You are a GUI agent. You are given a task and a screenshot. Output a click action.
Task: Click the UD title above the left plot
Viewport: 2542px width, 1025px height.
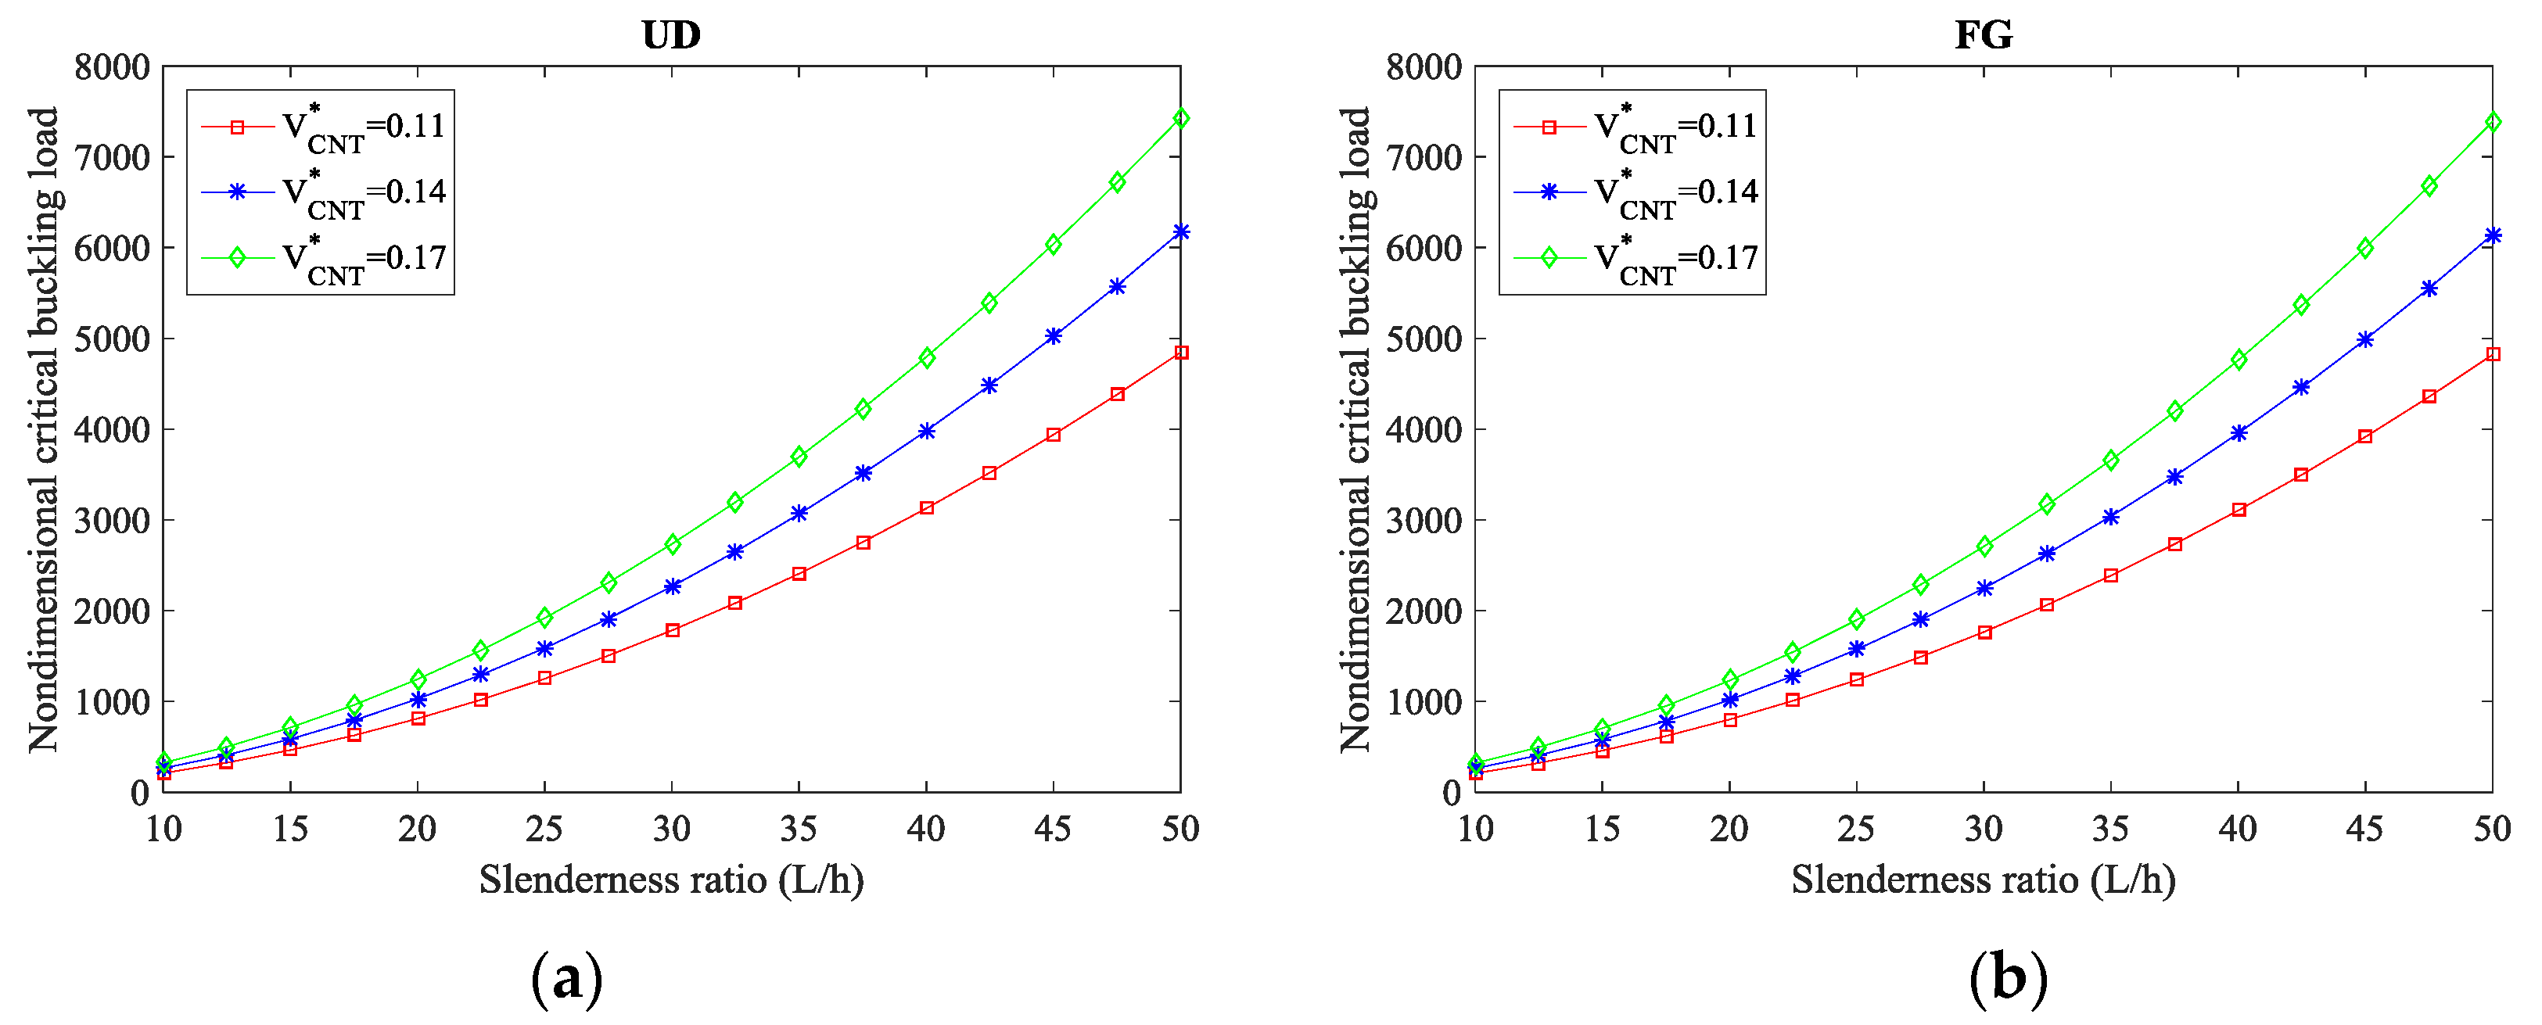[x=671, y=34]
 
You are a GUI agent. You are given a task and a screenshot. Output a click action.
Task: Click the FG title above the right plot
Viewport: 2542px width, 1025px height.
[x=1984, y=34]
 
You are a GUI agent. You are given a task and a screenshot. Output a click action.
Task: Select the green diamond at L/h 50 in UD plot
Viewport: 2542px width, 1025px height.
[x=1181, y=118]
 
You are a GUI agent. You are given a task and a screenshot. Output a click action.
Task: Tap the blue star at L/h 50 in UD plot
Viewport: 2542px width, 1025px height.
[x=1181, y=232]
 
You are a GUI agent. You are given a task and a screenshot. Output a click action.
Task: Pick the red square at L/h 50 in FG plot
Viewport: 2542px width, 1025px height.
[x=2493, y=354]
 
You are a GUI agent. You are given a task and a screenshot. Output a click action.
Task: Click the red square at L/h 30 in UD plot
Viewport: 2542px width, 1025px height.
[x=672, y=630]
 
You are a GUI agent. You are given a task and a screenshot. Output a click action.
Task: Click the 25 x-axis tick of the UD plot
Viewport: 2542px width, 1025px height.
[x=544, y=829]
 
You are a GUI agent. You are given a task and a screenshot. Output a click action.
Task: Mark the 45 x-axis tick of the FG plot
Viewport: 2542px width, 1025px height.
[x=2364, y=829]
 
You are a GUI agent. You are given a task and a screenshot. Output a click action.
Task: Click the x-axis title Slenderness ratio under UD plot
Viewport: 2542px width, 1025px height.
[x=671, y=879]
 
